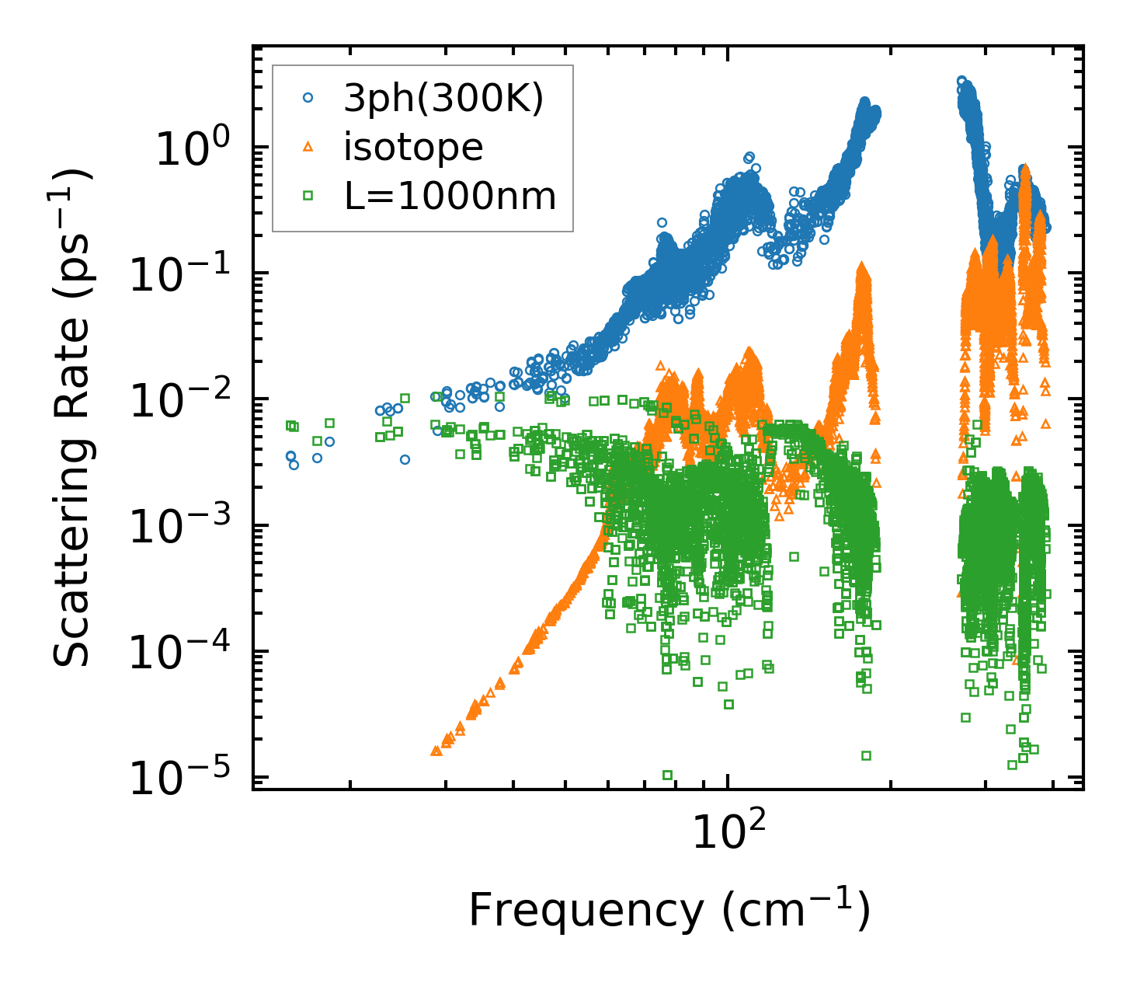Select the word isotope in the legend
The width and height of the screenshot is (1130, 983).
point(413,148)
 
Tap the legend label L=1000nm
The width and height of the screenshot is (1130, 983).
point(450,197)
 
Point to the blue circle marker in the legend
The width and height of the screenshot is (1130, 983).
point(308,99)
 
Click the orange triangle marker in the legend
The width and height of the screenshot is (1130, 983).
point(308,147)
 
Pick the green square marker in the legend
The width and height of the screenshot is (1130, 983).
point(308,196)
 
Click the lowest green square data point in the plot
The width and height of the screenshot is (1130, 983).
point(667,775)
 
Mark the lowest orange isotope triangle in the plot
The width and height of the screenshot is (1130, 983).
point(436,751)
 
